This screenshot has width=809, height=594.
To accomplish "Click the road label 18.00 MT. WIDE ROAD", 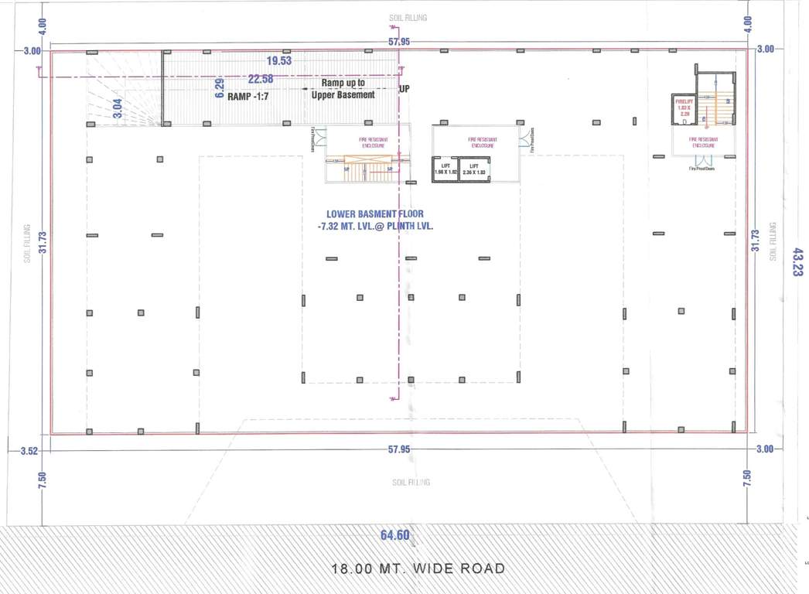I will [x=418, y=568].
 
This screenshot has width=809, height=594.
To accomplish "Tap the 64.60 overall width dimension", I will [x=394, y=534].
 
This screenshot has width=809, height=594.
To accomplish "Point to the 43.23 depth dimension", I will [x=791, y=261].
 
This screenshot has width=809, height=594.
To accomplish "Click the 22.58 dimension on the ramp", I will [x=261, y=78].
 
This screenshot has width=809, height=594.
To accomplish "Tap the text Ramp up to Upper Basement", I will [x=343, y=89].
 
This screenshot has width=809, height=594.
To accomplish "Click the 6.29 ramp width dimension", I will [x=220, y=90].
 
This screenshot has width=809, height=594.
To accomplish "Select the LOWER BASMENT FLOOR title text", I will [x=377, y=213].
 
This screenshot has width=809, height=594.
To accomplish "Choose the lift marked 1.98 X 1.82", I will [x=445, y=169].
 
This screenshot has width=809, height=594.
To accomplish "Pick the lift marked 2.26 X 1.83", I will [x=473, y=169].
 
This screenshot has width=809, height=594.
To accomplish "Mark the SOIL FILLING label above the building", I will [x=408, y=17].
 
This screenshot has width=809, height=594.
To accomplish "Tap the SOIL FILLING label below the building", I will [x=411, y=483].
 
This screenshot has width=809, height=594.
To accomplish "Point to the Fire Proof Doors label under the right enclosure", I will [x=701, y=168].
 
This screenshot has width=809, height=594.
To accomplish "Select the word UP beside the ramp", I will [x=404, y=89].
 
